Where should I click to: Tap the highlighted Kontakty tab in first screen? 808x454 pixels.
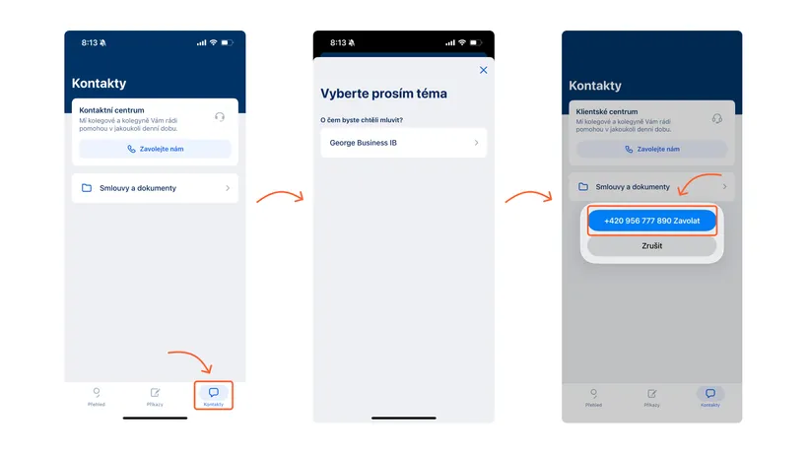[213, 395]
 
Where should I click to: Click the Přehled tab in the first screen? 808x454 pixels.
[96, 396]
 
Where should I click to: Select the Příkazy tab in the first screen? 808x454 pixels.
[155, 396]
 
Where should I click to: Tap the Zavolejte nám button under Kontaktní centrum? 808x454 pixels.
[155, 149]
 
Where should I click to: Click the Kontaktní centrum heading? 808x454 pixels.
[111, 110]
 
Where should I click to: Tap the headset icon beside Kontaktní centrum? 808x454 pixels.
[219, 116]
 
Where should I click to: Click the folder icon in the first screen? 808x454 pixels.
[87, 187]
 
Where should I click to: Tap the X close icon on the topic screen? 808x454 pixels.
[483, 70]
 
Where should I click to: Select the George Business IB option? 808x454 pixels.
[403, 143]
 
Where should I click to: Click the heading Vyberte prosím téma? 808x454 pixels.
[383, 94]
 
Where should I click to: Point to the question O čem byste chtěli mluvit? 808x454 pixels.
[362, 120]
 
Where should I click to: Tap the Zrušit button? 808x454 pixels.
[651, 246]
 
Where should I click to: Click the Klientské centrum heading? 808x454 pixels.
[608, 112]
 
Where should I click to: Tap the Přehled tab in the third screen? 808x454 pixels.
[593, 396]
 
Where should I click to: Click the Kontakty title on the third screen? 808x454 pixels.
[595, 86]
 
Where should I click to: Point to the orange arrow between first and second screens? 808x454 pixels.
[279, 198]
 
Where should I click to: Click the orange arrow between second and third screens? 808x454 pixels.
[527, 198]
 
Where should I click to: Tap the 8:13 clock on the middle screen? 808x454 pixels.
[338, 42]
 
